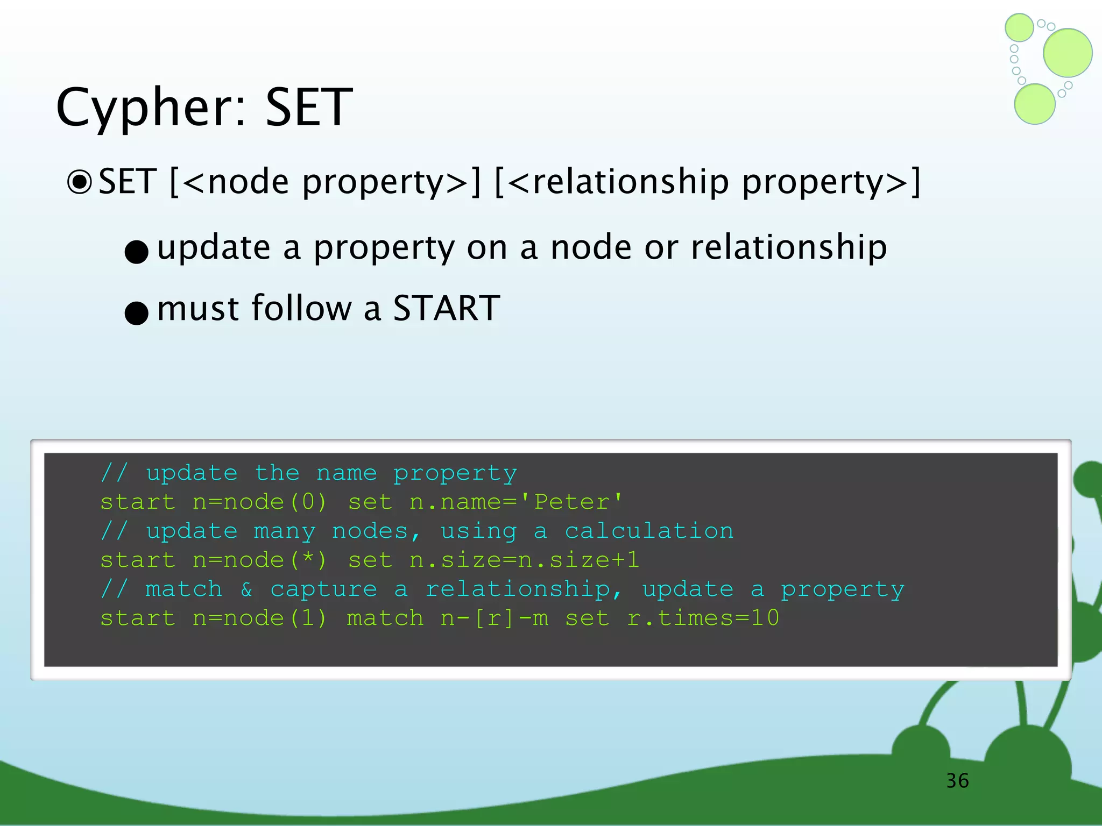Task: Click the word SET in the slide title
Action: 309,108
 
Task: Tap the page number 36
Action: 957,781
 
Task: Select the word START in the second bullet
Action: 447,309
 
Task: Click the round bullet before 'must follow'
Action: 136,312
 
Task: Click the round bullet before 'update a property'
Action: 136,252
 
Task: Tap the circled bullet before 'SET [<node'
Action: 80,182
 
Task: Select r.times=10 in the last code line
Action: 703,618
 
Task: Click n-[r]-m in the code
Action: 494,618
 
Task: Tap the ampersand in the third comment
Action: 246,589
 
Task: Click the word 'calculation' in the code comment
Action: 649,531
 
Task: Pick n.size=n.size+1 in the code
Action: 524,560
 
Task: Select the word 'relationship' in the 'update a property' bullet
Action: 789,247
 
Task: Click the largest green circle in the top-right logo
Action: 1068,53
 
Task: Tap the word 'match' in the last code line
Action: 385,618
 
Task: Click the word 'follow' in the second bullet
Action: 301,309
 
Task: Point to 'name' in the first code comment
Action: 347,473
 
